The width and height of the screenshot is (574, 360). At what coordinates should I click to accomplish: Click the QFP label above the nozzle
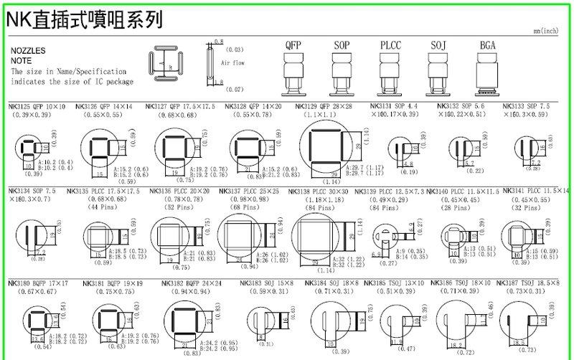tap(293, 44)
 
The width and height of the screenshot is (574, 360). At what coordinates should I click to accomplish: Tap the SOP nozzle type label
tap(342, 44)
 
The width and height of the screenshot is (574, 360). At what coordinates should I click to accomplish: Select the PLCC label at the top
tap(390, 44)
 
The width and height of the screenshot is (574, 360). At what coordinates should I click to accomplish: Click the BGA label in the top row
tap(487, 44)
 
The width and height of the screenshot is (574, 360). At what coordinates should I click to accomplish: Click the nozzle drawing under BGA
tap(487, 75)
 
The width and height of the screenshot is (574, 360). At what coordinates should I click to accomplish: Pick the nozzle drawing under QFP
tap(293, 75)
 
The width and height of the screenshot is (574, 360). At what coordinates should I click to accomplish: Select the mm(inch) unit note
tap(547, 32)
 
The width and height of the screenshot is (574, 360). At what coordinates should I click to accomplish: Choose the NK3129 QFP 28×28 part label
tap(326, 106)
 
